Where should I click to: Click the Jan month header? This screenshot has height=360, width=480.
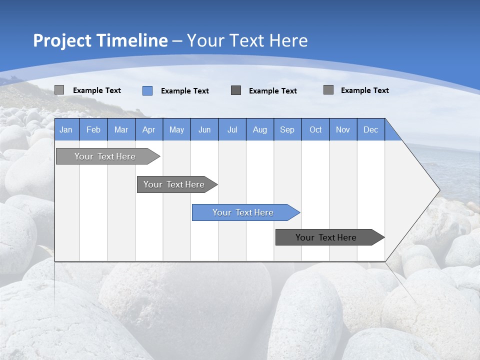point(66,129)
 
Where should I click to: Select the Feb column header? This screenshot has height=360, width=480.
point(93,129)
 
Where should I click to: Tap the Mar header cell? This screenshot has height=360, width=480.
point(121,129)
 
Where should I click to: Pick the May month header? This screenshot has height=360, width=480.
point(176,129)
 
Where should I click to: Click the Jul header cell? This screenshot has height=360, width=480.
point(232,129)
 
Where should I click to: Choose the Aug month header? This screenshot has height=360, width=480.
point(260,129)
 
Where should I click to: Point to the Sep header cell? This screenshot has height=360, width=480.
point(287,129)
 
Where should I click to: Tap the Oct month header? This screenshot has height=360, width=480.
point(315,129)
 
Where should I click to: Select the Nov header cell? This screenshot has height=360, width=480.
point(343,129)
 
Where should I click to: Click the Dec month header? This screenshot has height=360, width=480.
point(371,129)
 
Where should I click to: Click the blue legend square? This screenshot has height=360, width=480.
point(147,90)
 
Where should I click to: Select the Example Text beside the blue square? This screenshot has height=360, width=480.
point(185,91)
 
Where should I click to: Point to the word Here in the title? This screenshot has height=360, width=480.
point(288,40)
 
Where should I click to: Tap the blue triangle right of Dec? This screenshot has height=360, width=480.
point(391,133)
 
